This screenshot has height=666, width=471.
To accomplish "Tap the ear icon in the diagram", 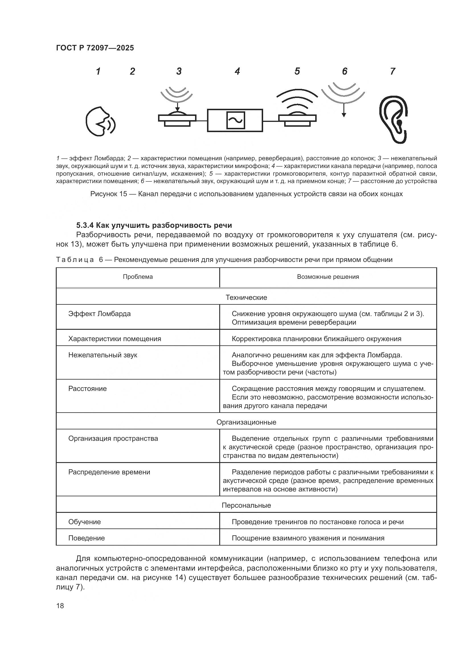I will click(394, 120).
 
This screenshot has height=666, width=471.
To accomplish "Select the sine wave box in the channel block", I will click(235, 120).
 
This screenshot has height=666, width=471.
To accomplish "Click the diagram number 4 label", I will click(237, 71).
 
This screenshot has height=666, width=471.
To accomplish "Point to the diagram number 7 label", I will click(392, 71).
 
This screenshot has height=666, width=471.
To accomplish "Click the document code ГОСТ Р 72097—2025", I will click(95, 48).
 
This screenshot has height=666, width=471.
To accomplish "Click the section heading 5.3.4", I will click(154, 225).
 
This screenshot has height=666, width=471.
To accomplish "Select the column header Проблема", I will click(138, 277).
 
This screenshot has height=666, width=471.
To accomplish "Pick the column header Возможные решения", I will click(328, 277).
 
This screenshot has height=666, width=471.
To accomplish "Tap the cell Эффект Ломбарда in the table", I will click(99, 313).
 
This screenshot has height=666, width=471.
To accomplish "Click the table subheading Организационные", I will click(246, 422).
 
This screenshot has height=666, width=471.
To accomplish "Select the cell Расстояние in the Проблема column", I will click(88, 388).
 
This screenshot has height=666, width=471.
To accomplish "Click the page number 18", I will click(60, 606).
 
